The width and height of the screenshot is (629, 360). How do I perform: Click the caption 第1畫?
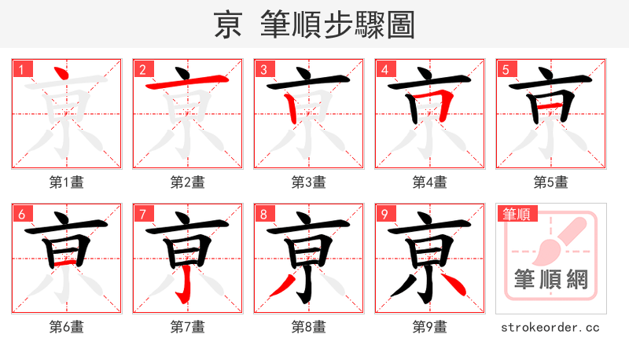point(67,182)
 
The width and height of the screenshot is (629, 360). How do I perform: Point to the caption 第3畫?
point(309,182)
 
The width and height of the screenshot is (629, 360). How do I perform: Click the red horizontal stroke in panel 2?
point(188,82)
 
